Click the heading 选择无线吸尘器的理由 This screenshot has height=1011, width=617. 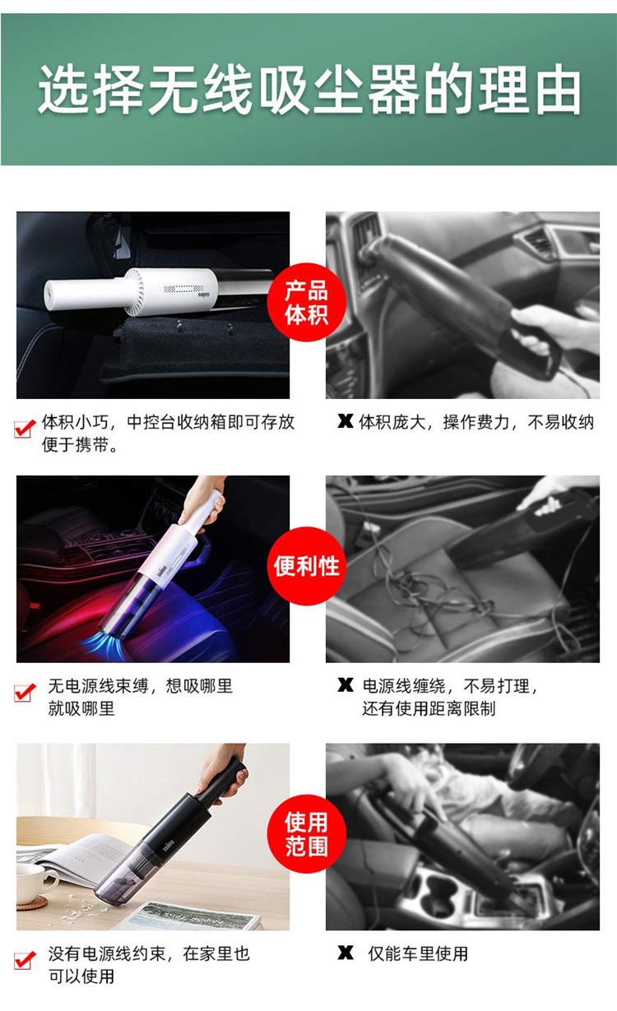point(309,89)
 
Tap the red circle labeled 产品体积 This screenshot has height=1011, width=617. point(307,303)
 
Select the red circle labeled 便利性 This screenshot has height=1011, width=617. point(307,566)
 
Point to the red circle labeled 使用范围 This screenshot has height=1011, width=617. point(307,833)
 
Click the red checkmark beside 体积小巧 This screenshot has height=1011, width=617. point(25,429)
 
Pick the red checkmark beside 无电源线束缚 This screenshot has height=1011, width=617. point(25,692)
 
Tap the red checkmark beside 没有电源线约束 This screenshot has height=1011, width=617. point(25,960)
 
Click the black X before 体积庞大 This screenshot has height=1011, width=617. point(346,421)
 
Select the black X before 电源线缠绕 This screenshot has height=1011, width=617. point(346,684)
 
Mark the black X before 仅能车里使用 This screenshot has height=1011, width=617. point(346,953)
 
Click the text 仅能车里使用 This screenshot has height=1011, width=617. point(418,953)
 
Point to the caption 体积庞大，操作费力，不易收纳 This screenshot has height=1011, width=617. point(476,423)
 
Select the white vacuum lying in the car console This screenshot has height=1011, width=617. point(159,291)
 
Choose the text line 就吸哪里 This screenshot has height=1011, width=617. point(81,708)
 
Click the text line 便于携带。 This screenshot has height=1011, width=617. point(80,446)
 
